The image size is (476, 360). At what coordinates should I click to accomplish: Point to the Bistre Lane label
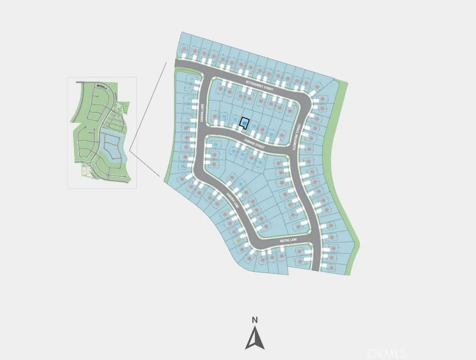[288, 241]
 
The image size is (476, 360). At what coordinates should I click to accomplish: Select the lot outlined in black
[244, 123]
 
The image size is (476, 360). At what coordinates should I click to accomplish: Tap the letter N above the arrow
[255, 320]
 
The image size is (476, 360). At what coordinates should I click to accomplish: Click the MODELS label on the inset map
[101, 86]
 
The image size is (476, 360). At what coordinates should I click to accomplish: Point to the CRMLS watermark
[386, 353]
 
